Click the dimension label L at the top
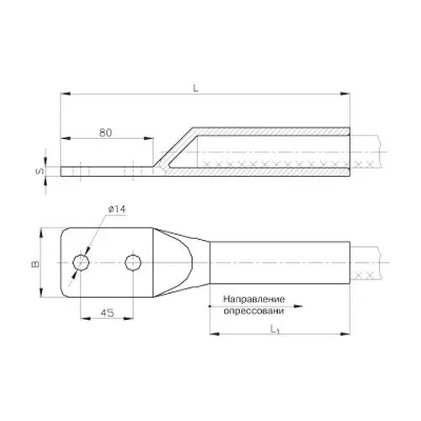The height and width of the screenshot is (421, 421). (x=195, y=88)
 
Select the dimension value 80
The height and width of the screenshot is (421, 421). (x=105, y=133)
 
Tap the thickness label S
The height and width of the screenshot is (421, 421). (x=40, y=171)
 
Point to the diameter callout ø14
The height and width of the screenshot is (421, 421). (x=117, y=210)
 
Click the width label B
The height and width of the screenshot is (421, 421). (x=35, y=264)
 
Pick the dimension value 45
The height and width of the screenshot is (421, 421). (x=107, y=312)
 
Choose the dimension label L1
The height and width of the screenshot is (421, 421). (x=274, y=329)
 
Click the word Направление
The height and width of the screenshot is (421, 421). (x=253, y=299)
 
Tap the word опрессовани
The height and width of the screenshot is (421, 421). (x=253, y=311)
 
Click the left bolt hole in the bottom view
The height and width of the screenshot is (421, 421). (x=81, y=263)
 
